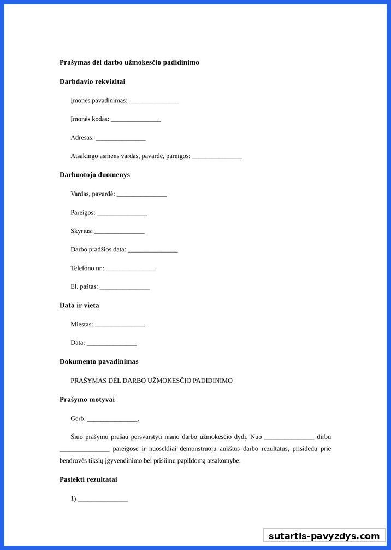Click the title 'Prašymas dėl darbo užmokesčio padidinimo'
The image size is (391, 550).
coord(129,62)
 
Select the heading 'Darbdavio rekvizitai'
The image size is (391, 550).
coord(92,81)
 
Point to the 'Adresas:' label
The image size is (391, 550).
coord(82,138)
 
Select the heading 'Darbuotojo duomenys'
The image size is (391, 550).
coord(94,175)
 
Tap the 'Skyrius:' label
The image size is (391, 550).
coord(81,231)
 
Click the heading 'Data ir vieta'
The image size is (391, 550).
coord(79,305)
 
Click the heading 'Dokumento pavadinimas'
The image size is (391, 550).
coord(99,361)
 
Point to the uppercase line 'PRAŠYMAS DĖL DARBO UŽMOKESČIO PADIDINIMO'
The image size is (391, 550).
coord(151,381)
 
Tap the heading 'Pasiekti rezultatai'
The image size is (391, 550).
coord(88,479)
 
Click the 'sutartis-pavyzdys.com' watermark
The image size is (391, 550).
coord(324,536)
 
